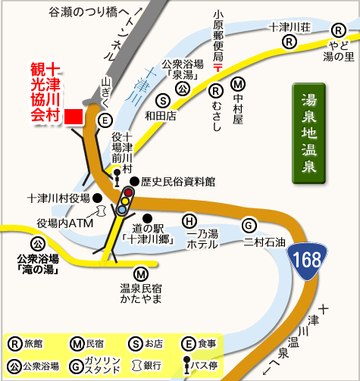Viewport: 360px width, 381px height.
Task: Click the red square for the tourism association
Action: tap(74, 117)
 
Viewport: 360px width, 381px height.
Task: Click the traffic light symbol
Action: tap(126, 201)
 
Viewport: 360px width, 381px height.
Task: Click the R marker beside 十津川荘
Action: tap(288, 43)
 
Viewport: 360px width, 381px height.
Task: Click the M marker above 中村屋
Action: tap(238, 85)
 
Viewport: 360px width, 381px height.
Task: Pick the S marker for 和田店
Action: tap(161, 101)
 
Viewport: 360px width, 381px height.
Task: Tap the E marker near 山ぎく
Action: tap(105, 120)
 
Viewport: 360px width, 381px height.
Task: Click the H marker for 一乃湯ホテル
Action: tap(189, 221)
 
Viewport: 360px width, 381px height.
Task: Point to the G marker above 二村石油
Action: tap(248, 224)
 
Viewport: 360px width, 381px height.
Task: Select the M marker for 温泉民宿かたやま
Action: tap(140, 273)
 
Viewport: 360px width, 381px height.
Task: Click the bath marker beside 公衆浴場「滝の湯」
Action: tap(36, 244)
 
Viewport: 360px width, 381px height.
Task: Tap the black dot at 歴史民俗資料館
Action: tap(134, 183)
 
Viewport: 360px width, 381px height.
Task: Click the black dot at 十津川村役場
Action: tap(98, 198)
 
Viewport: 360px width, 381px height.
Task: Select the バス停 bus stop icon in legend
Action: tap(188, 365)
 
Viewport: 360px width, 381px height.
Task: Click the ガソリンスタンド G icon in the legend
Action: tap(75, 365)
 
